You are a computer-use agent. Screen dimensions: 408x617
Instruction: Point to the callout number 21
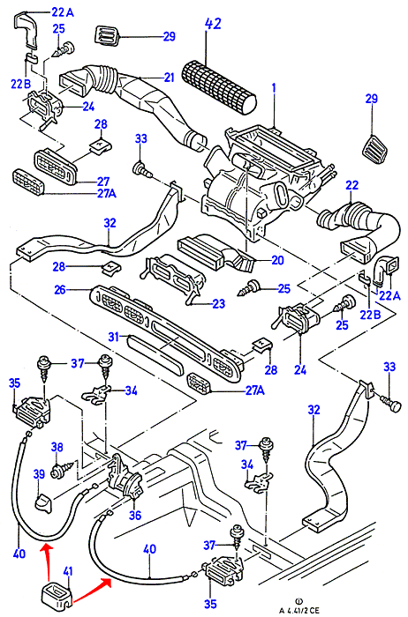pyautogui.click(x=169, y=78)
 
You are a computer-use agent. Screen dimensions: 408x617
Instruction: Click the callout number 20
pyautogui.click(x=277, y=260)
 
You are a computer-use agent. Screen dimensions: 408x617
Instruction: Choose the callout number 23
pyautogui.click(x=218, y=303)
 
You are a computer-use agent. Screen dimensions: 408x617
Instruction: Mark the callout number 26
pyautogui.click(x=59, y=290)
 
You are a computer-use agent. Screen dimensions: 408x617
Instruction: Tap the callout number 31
pyautogui.click(x=114, y=337)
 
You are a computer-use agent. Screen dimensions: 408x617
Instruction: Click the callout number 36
pyautogui.click(x=135, y=515)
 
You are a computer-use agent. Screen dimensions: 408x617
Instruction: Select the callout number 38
pyautogui.click(x=57, y=447)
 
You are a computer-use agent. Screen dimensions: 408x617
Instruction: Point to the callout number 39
pyautogui.click(x=39, y=474)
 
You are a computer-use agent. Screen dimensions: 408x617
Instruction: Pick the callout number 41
pyautogui.click(x=68, y=571)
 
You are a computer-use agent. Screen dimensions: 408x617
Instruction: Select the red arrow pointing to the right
pyautogui.click(x=92, y=589)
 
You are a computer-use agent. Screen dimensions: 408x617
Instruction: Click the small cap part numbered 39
pyautogui.click(x=44, y=504)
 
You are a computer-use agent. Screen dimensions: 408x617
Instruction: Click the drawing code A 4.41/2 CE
pyautogui.click(x=299, y=610)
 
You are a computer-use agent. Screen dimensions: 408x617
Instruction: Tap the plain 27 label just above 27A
pyautogui.click(x=103, y=182)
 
